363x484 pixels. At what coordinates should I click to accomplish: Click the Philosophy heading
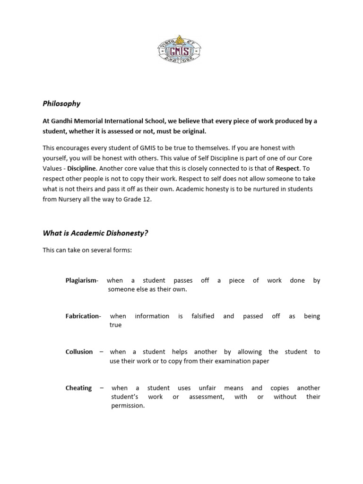[x=61, y=104]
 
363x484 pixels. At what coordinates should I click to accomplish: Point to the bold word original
[x=193, y=131]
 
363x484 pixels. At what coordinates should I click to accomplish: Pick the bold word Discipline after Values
[x=81, y=168]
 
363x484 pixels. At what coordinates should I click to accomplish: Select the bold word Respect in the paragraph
[x=288, y=168]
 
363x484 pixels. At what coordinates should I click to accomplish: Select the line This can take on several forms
[x=87, y=250]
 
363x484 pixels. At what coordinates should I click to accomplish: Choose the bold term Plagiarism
[x=81, y=280]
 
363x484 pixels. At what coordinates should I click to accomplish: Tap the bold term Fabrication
[x=82, y=316]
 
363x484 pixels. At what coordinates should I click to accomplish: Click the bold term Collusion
[x=79, y=352]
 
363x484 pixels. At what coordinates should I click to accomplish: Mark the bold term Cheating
[x=78, y=388]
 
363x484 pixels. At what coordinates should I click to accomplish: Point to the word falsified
[x=203, y=316]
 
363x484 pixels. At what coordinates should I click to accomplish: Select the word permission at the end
[x=128, y=406]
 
